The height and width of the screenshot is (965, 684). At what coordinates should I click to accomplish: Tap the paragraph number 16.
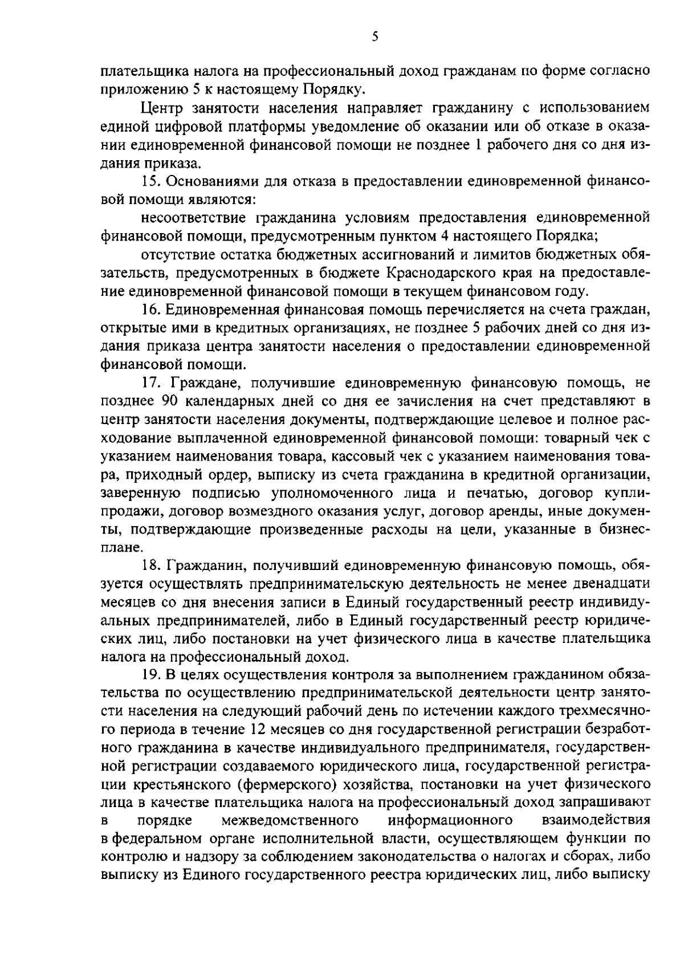pos(149,310)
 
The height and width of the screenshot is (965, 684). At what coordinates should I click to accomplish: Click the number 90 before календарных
pos(171,401)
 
